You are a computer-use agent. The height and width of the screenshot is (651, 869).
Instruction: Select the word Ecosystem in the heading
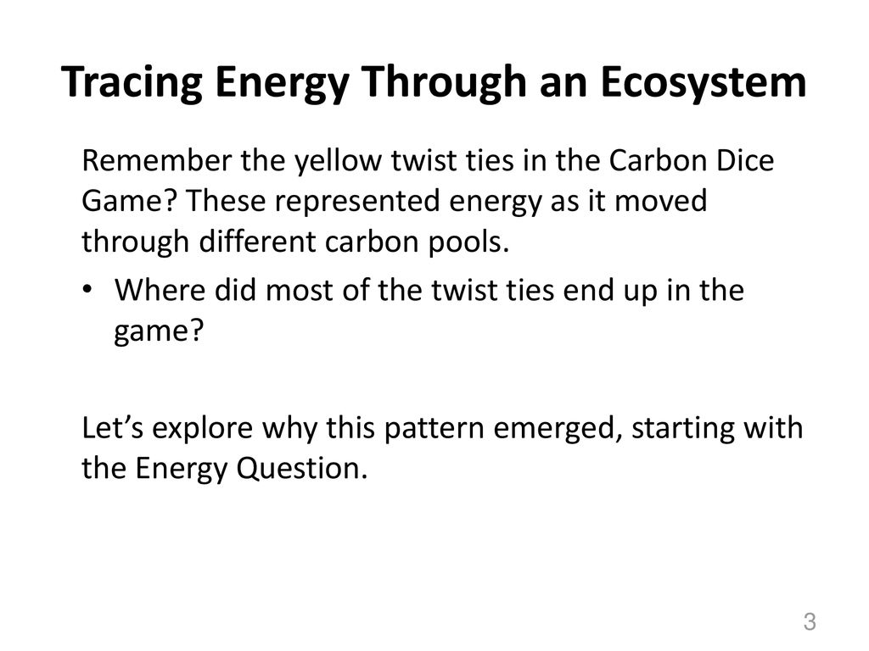point(703,82)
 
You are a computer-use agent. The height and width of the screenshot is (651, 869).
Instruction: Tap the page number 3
point(810,621)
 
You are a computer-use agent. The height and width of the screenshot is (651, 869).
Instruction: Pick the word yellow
point(338,161)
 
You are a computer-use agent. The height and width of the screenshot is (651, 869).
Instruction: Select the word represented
point(362,202)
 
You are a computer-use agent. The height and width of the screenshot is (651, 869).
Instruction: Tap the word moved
point(661,201)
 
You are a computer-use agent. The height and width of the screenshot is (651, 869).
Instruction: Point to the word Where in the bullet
point(160,290)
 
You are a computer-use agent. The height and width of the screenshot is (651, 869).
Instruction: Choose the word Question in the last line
point(302,469)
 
